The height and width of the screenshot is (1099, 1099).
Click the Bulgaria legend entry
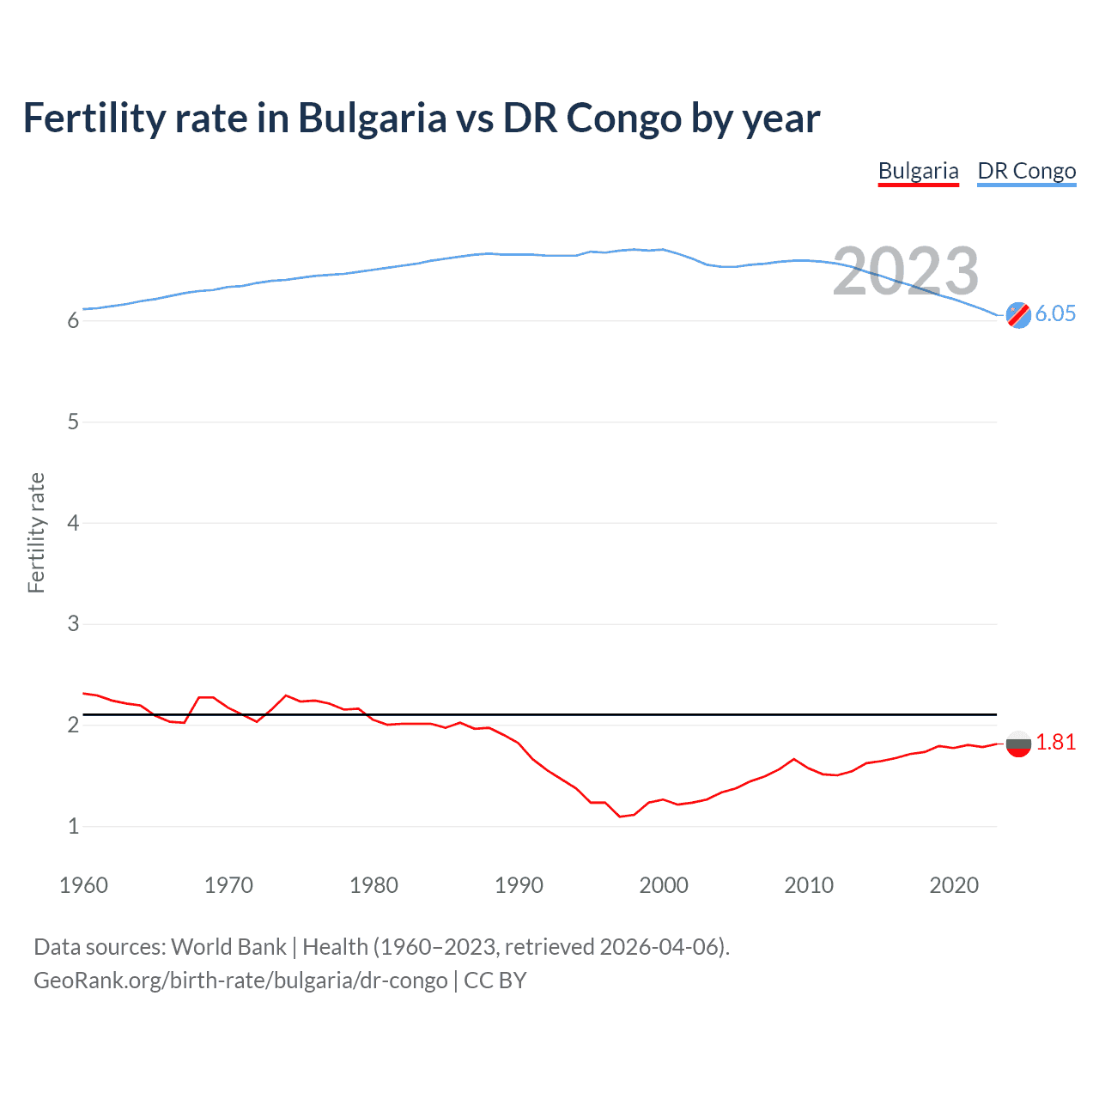[x=918, y=171]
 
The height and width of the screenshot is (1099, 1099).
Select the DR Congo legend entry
[x=1026, y=171]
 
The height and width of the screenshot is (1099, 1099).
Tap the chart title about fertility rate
[x=422, y=118]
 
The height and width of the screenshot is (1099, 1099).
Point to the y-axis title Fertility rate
[x=36, y=532]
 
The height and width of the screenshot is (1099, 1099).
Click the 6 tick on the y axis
[x=73, y=321]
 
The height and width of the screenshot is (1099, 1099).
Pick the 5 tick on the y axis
[x=73, y=422]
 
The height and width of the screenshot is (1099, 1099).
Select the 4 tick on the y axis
[x=73, y=523]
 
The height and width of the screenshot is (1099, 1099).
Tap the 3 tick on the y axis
[x=73, y=624]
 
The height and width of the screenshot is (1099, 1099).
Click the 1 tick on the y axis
[x=73, y=826]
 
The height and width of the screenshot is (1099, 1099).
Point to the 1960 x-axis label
[x=83, y=885]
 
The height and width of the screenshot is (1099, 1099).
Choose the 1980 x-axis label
[x=373, y=885]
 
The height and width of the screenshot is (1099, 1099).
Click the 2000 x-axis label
[x=664, y=885]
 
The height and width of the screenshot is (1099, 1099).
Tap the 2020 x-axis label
[x=954, y=885]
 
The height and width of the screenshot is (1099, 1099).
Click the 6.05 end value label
[x=1055, y=313]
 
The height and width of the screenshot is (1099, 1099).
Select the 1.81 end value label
[x=1055, y=743]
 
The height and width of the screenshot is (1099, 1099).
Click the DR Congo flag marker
[x=1018, y=315]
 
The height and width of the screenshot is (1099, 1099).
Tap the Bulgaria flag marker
[x=1018, y=744]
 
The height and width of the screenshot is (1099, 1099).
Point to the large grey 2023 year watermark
[x=906, y=271]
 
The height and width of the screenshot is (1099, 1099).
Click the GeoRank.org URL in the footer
[x=240, y=981]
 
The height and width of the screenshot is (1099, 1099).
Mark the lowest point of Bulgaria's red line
[x=620, y=817]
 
